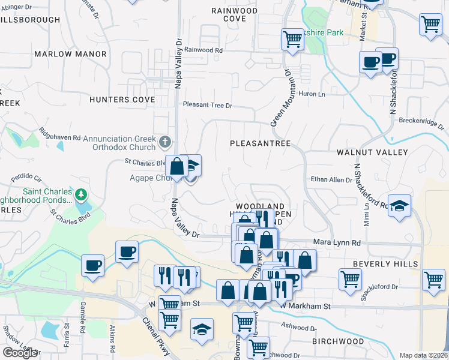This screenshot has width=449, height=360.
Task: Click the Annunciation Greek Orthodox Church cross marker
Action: pos(166,143)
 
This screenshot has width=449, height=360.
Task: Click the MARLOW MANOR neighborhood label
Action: pos(70,54)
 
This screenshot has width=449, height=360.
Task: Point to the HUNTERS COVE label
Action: pos(122,100)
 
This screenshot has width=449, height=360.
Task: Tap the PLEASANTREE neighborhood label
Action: pos(261,144)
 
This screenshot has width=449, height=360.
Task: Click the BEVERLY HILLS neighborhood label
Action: pos(384,264)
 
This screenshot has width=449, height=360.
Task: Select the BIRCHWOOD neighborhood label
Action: pos(338,341)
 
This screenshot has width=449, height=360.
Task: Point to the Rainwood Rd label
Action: pos(203,50)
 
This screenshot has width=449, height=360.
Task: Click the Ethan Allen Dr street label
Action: pos(331,179)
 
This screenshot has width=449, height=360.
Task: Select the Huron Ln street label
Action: pos(312,94)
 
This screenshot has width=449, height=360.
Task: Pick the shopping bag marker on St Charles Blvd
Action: pos(178,166)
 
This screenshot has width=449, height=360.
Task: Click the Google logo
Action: pos(20,353)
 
